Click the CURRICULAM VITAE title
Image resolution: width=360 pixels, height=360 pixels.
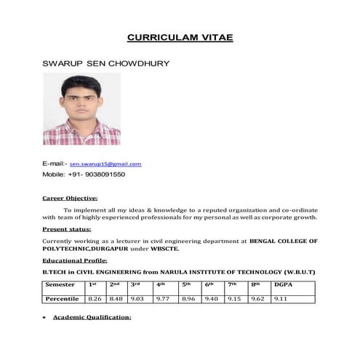point(180,36)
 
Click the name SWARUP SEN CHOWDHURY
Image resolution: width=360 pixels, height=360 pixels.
point(106,63)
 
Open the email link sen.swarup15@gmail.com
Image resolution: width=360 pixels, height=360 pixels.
point(105,164)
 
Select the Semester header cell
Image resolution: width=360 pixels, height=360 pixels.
point(60,285)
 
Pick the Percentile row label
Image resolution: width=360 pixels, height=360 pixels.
point(63,298)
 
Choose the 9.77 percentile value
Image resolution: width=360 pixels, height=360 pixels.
point(162,298)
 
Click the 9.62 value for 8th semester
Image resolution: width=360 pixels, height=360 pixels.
point(257,298)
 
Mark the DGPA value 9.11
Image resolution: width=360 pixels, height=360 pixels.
point(281,298)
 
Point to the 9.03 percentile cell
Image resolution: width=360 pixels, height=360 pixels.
point(137,298)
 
